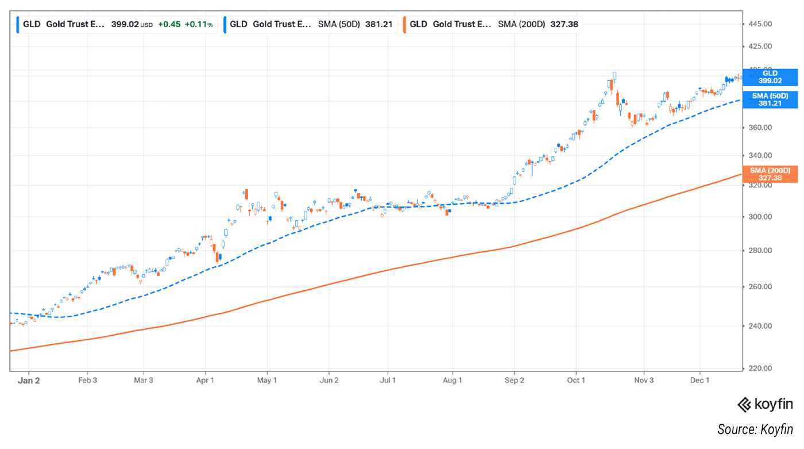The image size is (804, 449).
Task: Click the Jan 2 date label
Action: click(29, 380)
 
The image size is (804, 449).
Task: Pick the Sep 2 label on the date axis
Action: click(515, 380)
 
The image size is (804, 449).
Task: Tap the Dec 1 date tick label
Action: click(700, 380)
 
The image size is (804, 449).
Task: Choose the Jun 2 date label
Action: click(329, 380)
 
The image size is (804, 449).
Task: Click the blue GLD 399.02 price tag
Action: click(770, 77)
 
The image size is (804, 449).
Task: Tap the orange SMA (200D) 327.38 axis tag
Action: click(770, 174)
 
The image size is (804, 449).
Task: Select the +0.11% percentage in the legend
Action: click(199, 25)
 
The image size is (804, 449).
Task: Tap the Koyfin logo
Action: click(765, 405)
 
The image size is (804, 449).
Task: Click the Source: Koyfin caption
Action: click(755, 429)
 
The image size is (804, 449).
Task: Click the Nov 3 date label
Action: click(644, 380)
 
